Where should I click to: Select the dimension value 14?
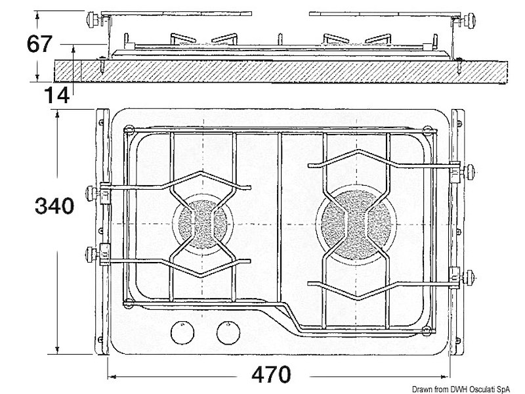click(x=56, y=95)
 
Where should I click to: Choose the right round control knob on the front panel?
click(x=227, y=333)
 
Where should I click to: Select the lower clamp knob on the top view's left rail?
click(x=93, y=252)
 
